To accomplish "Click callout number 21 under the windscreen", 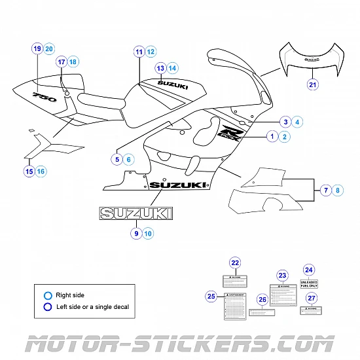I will coord(312,84).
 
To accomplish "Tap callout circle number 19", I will coord(37,48).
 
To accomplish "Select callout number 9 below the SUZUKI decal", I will coord(136,232).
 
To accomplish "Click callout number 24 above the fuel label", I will coord(309,269).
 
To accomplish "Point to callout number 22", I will coord(235,262).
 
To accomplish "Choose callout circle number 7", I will coord(325,190).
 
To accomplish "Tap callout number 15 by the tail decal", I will coord(28,171).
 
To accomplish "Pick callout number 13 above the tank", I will coord(160,67).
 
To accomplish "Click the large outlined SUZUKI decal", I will coord(136,213).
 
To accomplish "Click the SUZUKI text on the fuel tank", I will coord(173,84).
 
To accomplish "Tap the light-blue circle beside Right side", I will coord(48,295).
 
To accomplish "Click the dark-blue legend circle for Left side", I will coord(48,306).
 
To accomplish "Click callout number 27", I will coord(312,298).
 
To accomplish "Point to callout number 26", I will coord(262,300).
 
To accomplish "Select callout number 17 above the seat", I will coord(61,62).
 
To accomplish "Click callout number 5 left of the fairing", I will coord(117,158).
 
